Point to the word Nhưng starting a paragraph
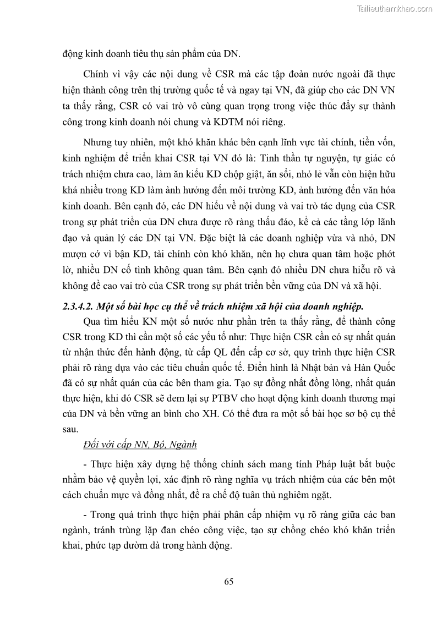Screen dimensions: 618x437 coord(99,143)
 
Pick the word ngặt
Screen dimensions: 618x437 coord(319,496)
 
